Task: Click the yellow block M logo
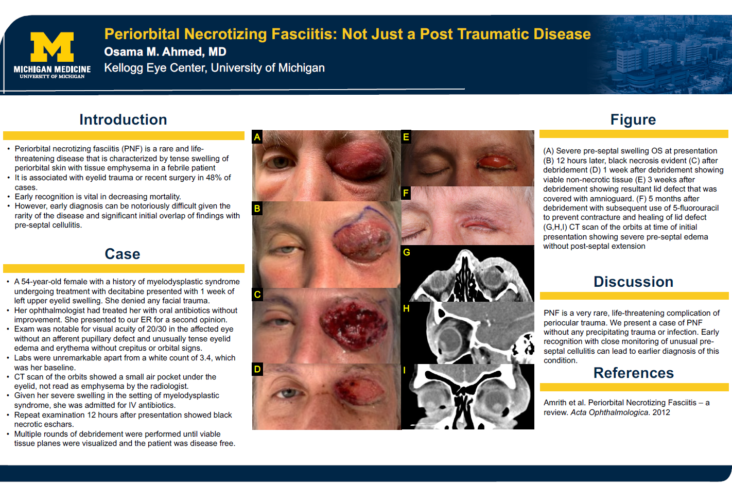pyautogui.click(x=52, y=47)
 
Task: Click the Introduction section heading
pyautogui.click(x=123, y=119)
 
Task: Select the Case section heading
pyautogui.click(x=122, y=254)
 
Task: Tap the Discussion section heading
pyautogui.click(x=633, y=282)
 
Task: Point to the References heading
pyautogui.click(x=633, y=373)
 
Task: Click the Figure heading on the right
pyautogui.click(x=633, y=119)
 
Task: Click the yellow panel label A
pyautogui.click(x=257, y=137)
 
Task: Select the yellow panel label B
pyautogui.click(x=257, y=209)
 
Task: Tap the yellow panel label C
pyautogui.click(x=257, y=295)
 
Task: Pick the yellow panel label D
pyautogui.click(x=257, y=370)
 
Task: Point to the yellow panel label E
pyautogui.click(x=406, y=137)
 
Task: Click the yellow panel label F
pyautogui.click(x=406, y=193)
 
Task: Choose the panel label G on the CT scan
pyautogui.click(x=407, y=252)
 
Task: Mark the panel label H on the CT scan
pyautogui.click(x=406, y=308)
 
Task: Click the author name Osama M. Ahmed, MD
pyautogui.click(x=165, y=51)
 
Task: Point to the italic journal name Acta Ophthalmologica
pyautogui.click(x=609, y=412)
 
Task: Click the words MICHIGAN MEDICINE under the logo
pyautogui.click(x=53, y=70)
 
